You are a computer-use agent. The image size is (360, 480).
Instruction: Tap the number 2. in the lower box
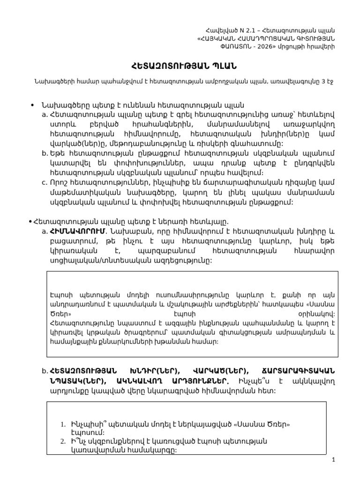63,442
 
